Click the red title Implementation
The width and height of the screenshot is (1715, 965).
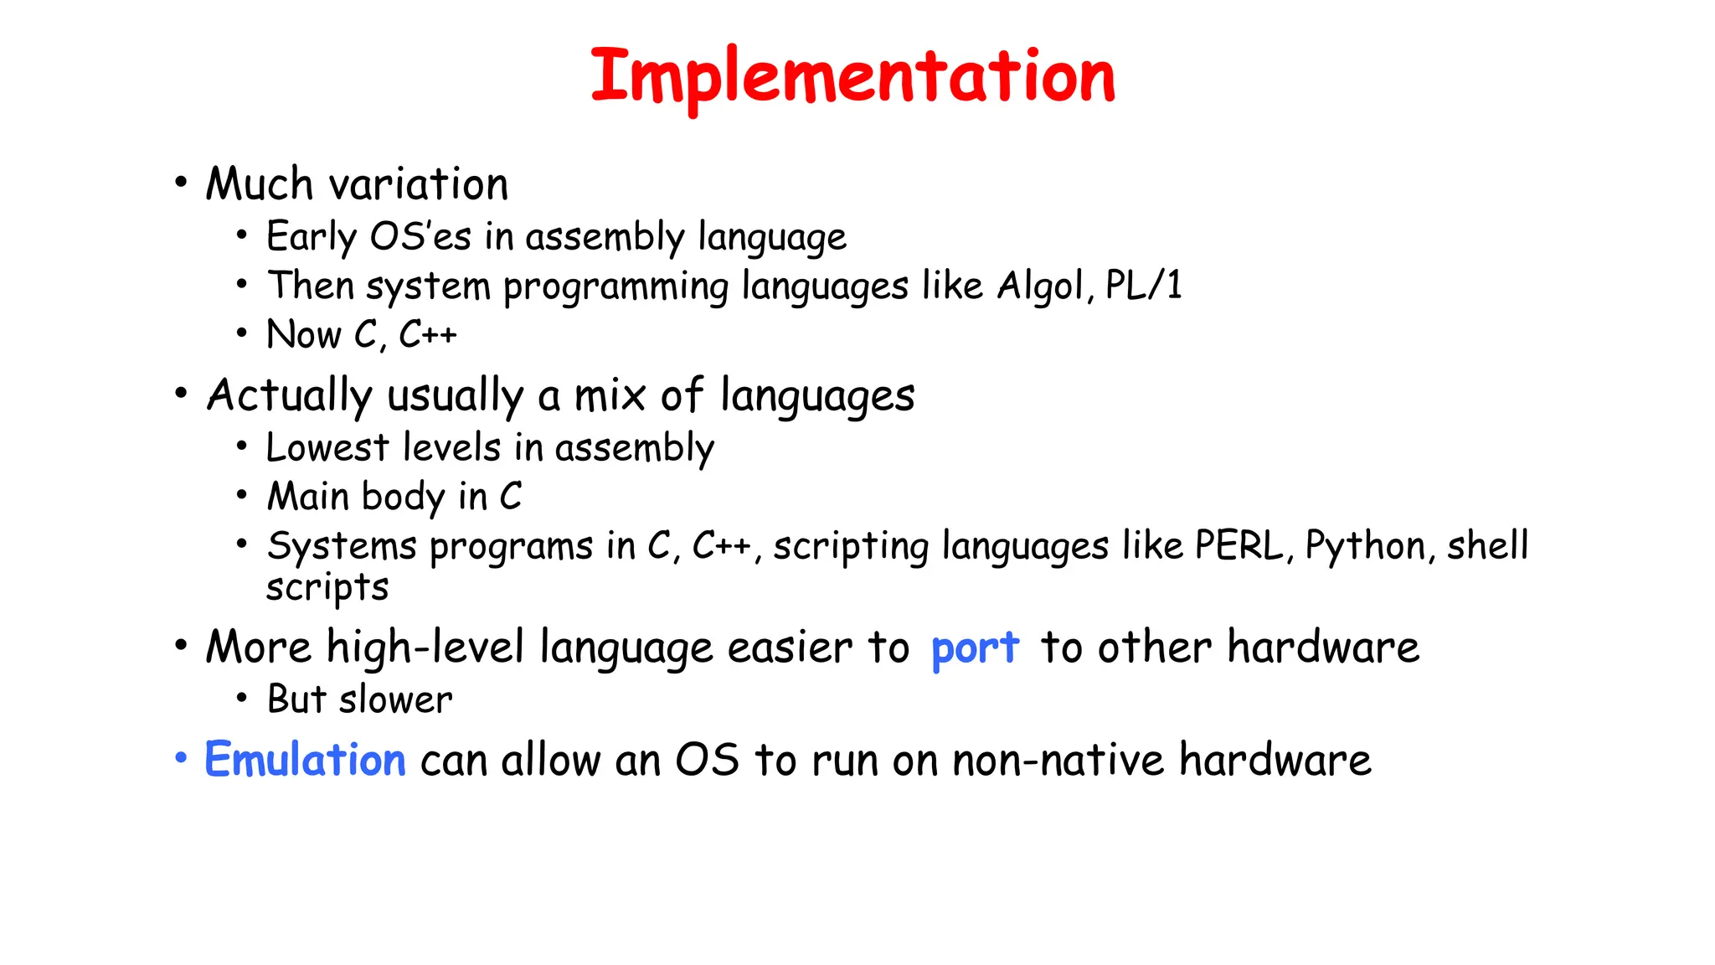click(x=852, y=77)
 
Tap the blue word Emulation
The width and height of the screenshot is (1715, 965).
click(x=305, y=760)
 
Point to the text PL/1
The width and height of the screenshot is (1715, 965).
click(x=1143, y=286)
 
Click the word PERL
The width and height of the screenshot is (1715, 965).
click(x=1238, y=546)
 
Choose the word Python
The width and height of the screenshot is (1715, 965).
click(x=1365, y=546)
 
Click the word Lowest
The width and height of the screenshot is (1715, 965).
click(x=327, y=447)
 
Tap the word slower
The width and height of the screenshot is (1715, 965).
click(x=395, y=699)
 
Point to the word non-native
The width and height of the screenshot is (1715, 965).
click(x=1058, y=761)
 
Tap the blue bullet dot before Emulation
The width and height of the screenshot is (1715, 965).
click(x=181, y=758)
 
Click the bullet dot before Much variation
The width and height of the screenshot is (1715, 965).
click(x=181, y=183)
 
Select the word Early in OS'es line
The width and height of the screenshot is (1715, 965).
click(x=311, y=237)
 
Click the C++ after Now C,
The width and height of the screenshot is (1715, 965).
click(x=427, y=335)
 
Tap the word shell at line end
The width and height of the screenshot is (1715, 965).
click(x=1487, y=546)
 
